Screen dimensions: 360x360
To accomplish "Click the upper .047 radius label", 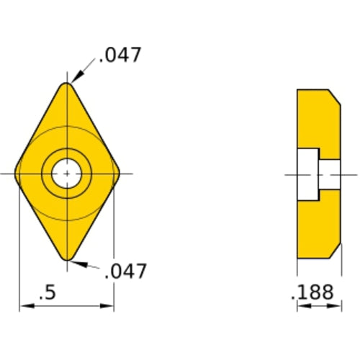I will pos(121,55).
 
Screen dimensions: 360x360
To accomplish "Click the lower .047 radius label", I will pos(126,271).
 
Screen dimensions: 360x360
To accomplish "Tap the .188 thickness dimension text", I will pos(312,293).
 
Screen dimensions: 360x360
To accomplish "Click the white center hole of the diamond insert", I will pos(67,174).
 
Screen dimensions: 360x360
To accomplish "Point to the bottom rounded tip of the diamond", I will pos(67,257).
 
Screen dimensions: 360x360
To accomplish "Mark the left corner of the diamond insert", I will pos(19,174).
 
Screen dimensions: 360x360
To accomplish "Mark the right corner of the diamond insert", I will pos(116,174).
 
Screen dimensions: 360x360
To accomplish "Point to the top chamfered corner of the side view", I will pos(335,96).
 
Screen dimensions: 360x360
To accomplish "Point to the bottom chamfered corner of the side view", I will pos(335,251).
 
